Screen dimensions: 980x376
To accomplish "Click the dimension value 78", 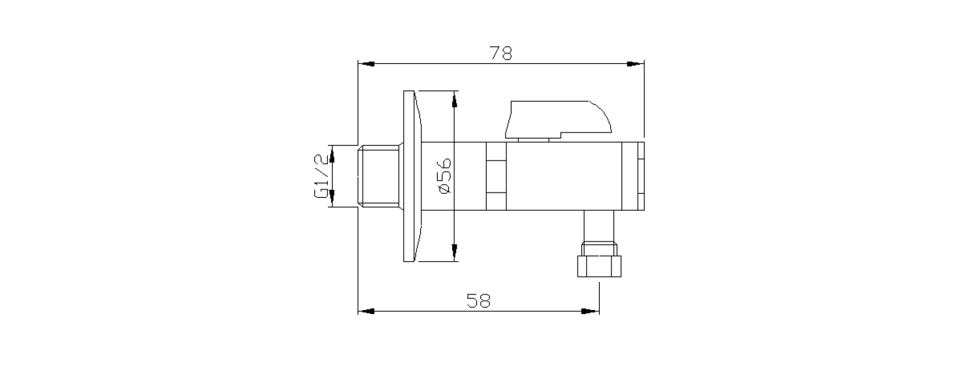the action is pyautogui.click(x=500, y=53).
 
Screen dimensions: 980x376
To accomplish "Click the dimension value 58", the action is pyautogui.click(x=479, y=301).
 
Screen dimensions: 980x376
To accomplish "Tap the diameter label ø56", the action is pyautogui.click(x=444, y=176).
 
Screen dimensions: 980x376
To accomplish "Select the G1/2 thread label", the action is pyautogui.click(x=321, y=176).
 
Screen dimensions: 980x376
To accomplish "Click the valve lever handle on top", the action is pyautogui.click(x=558, y=120).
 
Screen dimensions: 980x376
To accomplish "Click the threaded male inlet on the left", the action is pyautogui.click(x=378, y=176).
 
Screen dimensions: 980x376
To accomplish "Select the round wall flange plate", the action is pyautogui.click(x=412, y=176).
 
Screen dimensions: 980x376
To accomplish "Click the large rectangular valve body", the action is pyautogui.click(x=564, y=176).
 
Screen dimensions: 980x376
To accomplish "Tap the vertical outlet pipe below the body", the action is pyautogui.click(x=599, y=227).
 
